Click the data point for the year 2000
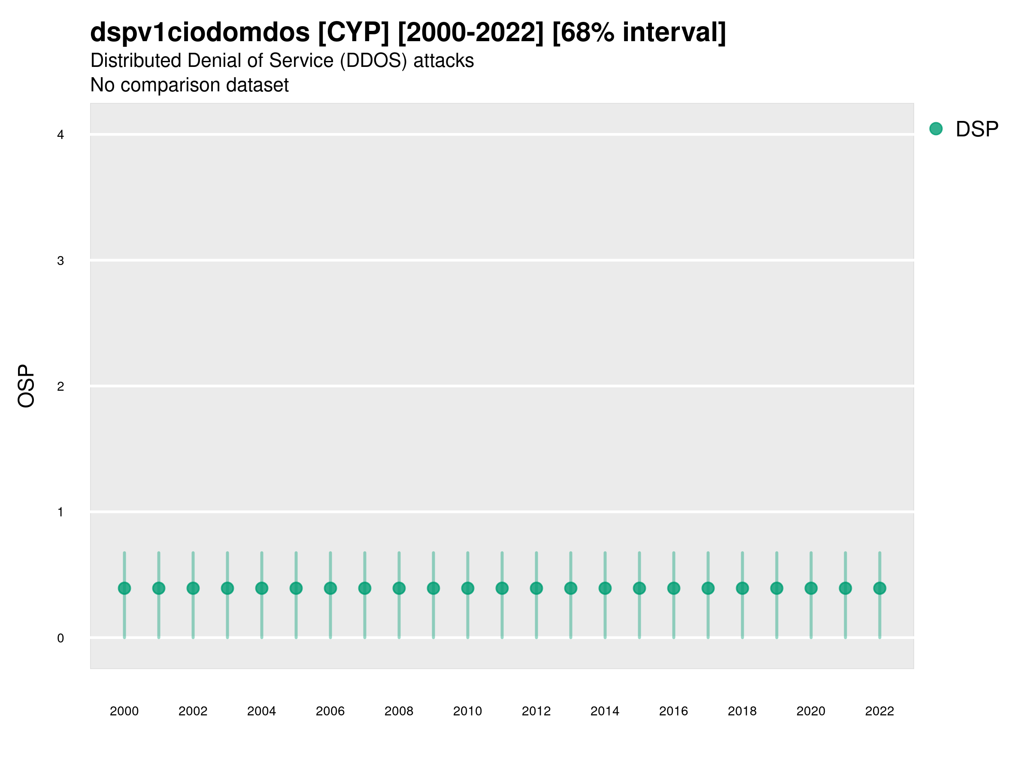click(124, 588)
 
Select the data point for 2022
click(880, 588)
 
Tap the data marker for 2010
click(467, 588)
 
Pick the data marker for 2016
click(674, 588)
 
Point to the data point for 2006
click(330, 588)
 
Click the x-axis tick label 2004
click(261, 711)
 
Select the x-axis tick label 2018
click(742, 711)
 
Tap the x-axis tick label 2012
click(536, 711)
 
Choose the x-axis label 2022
click(880, 711)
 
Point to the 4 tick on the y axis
click(61, 135)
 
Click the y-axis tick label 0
click(61, 639)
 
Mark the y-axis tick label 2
click(61, 387)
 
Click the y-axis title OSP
click(26, 386)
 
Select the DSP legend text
click(977, 130)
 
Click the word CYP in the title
click(354, 33)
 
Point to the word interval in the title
click(674, 33)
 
